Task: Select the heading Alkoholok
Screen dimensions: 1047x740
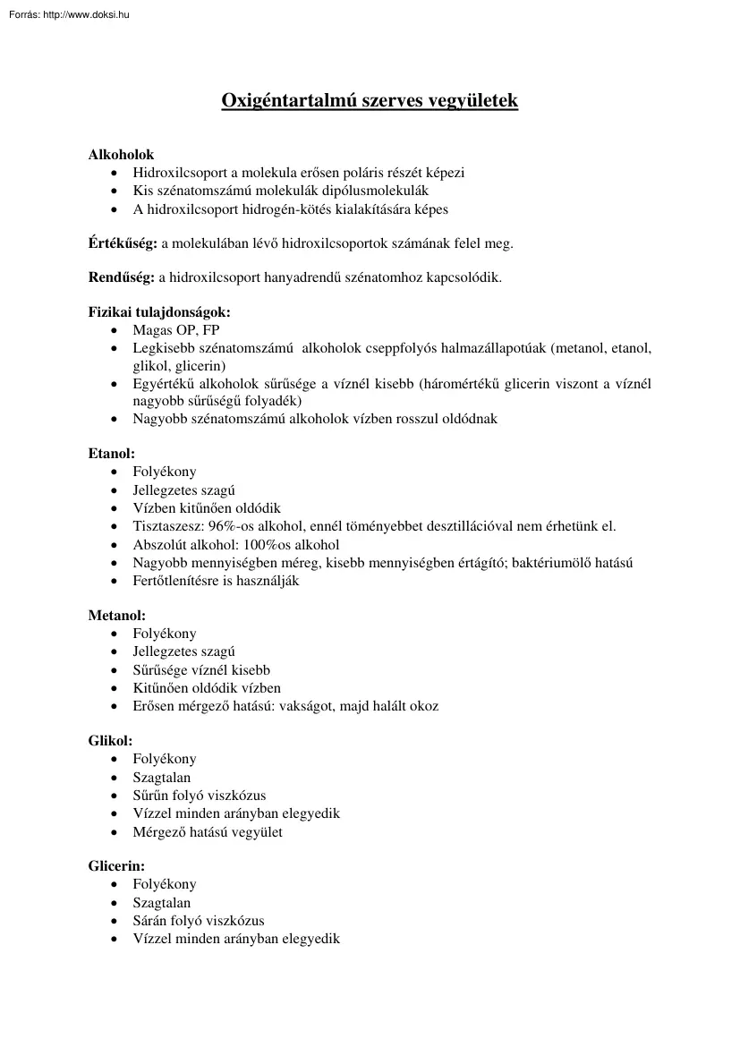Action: tap(121, 155)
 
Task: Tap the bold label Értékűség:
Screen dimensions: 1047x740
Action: tap(123, 243)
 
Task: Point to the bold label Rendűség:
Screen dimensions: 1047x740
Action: tap(122, 277)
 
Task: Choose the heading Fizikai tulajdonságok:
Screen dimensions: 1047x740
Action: tap(159, 312)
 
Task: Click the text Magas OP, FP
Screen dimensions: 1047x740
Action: tap(176, 330)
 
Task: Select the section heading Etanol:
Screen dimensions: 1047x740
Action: tap(111, 454)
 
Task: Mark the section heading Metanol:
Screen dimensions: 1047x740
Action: tap(116, 616)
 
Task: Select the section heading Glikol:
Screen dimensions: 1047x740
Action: tap(110, 741)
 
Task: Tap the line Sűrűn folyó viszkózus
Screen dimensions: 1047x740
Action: tap(200, 796)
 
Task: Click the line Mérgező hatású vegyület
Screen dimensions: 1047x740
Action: tap(208, 831)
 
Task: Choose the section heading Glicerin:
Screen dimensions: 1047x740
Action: tap(116, 866)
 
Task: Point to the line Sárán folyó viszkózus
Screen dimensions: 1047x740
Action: tap(199, 921)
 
